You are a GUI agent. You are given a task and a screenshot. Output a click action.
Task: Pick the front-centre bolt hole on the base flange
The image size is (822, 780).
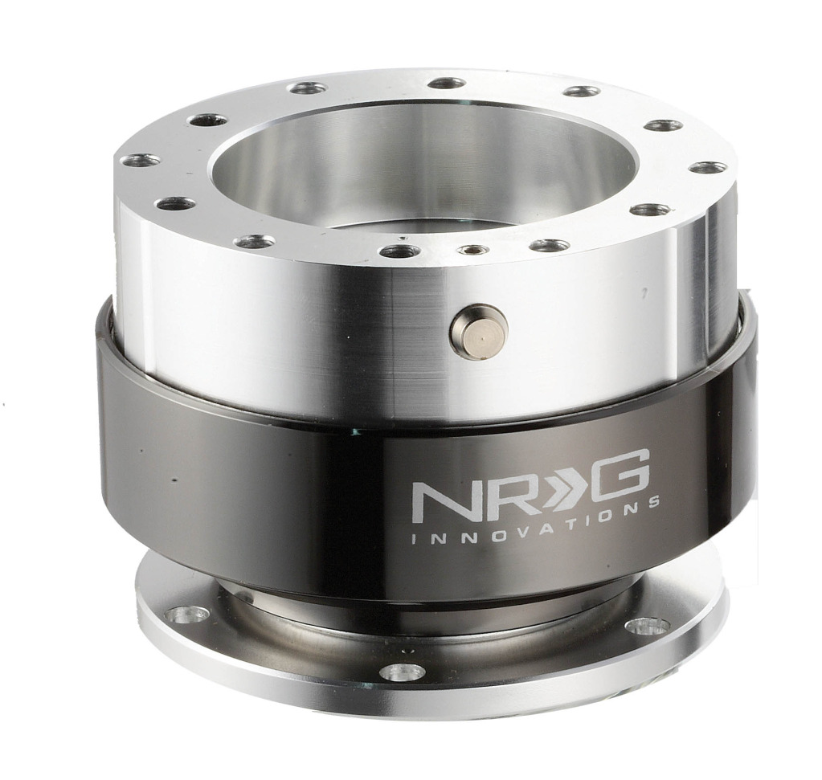(402, 672)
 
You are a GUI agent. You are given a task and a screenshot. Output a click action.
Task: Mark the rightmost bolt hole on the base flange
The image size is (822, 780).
(648, 625)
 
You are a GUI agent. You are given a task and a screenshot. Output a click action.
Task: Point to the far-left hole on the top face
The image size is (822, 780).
(140, 161)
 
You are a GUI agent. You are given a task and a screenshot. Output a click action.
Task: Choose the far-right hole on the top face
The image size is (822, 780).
(708, 167)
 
